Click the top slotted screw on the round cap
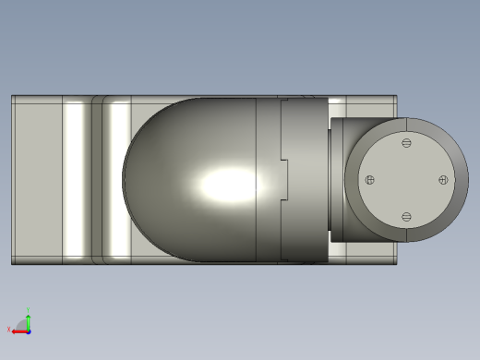pos(406,143)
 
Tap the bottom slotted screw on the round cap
pos(406,217)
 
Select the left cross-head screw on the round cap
pos(370,180)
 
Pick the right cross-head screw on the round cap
pos(443,180)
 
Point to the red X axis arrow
pos(18,330)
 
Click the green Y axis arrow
pos(28,321)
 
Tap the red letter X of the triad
pos(9,329)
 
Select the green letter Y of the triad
pos(28,311)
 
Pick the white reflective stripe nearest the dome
pos(118,180)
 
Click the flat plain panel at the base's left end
pos(37,180)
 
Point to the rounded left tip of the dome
pos(125,180)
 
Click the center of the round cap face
pos(406,180)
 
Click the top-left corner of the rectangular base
pos(12,96)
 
